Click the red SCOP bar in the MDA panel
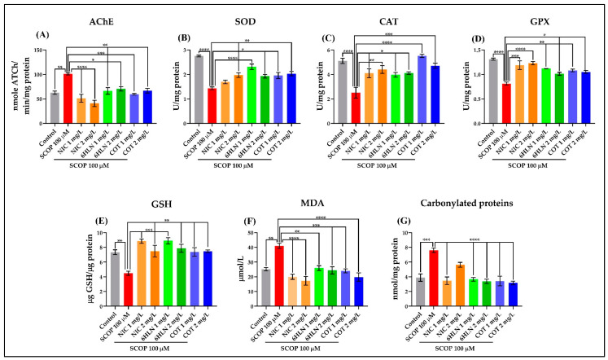(280, 264)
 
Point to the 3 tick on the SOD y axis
(186, 50)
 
